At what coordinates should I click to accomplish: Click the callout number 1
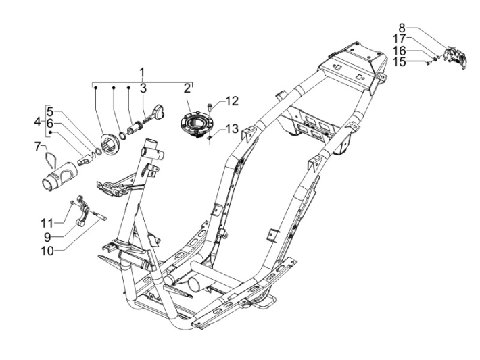[x=142, y=72]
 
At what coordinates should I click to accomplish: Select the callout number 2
[x=187, y=87]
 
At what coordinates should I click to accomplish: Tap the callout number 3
[x=143, y=87]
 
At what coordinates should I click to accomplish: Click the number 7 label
[x=39, y=145]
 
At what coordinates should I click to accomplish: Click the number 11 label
[x=47, y=222]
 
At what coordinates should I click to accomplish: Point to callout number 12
[x=232, y=101]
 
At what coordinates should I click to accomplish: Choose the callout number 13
[x=232, y=128]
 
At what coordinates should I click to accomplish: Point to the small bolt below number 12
[x=210, y=108]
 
